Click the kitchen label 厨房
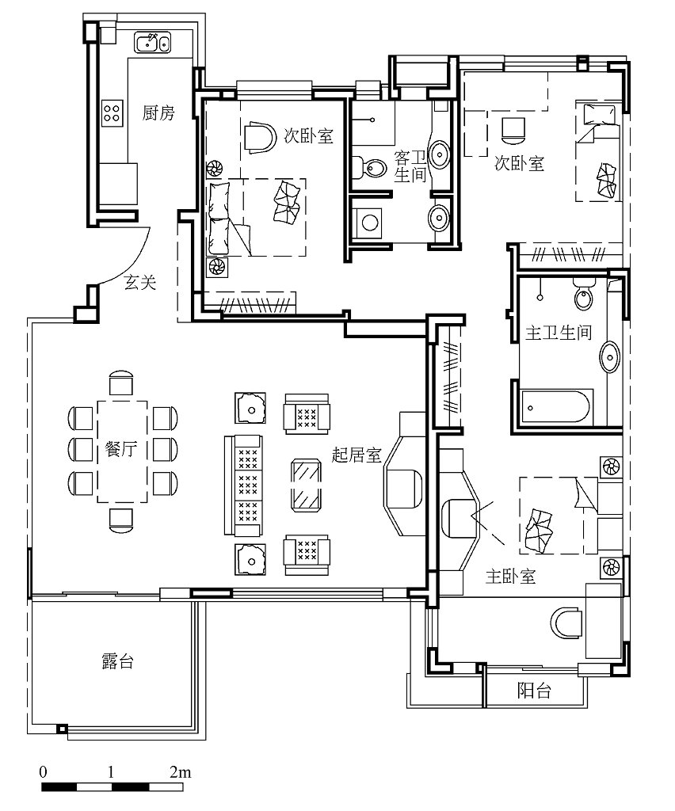tap(158, 112)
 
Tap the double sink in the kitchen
tap(153, 42)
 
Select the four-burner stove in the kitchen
tap(113, 112)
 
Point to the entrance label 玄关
tap(139, 282)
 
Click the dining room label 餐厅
tap(121, 448)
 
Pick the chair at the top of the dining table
tap(121, 383)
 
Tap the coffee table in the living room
tap(306, 485)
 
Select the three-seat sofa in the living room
tap(244, 485)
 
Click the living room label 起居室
tap(356, 455)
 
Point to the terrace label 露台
tap(117, 661)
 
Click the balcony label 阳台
tap(534, 690)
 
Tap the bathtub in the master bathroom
tap(556, 407)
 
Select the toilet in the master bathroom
tap(584, 294)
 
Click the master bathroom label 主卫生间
tap(559, 332)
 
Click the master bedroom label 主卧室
tap(510, 577)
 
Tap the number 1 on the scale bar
tap(111, 772)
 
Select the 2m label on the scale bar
tap(180, 772)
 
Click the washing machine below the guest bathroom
tap(368, 223)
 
